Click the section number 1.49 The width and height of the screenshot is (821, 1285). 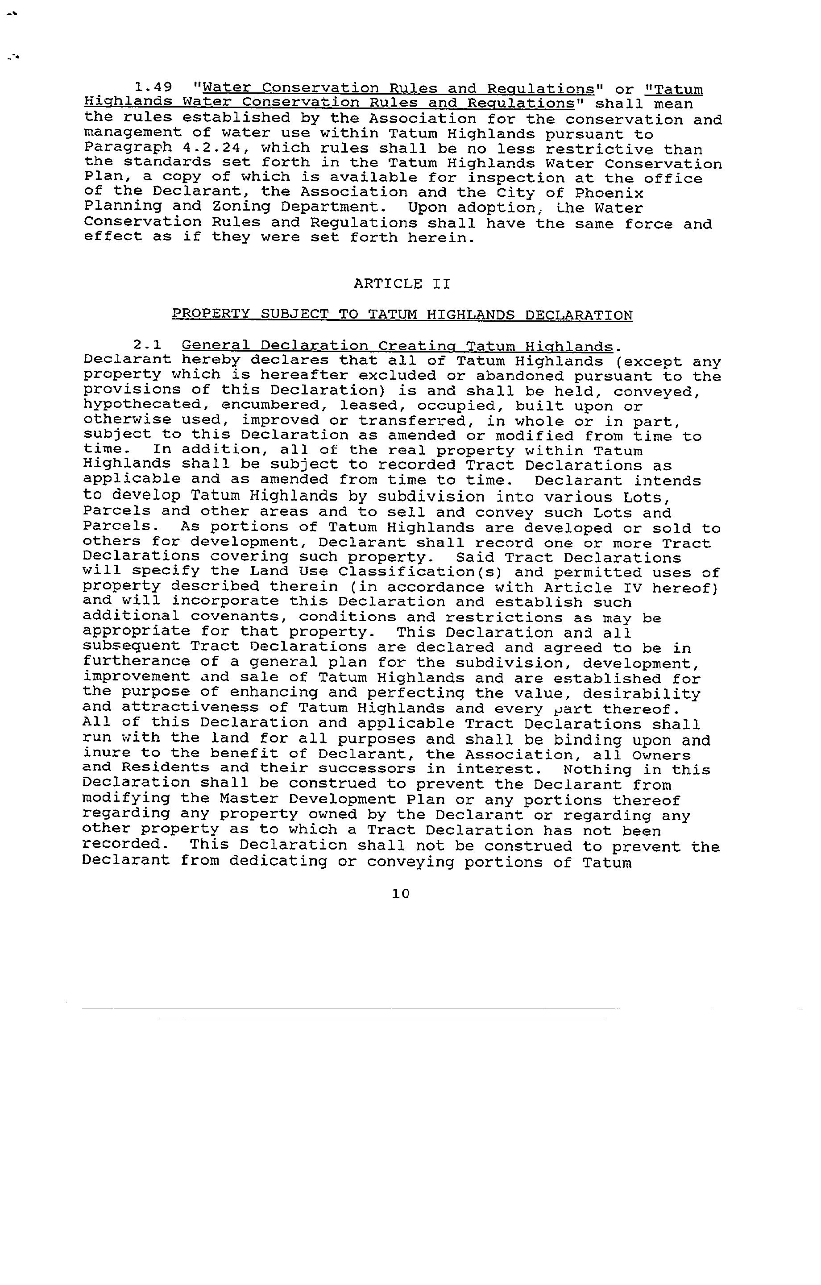coord(153,87)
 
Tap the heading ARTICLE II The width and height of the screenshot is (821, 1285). coord(402,283)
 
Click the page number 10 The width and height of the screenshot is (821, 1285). coord(401,894)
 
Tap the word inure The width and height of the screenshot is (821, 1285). coord(107,754)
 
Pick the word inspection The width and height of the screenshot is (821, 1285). coord(516,178)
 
